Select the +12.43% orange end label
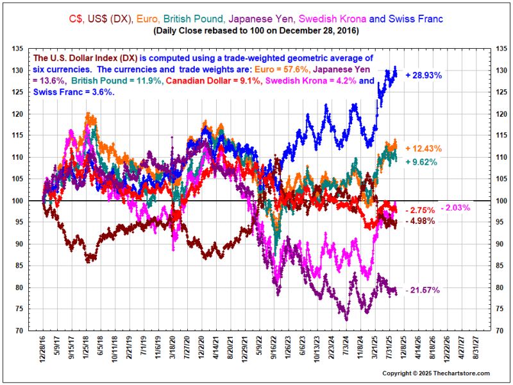[423, 148]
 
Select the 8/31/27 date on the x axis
[475, 350]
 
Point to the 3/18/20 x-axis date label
[173, 350]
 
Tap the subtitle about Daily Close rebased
[256, 30]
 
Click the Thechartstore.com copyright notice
[436, 373]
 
